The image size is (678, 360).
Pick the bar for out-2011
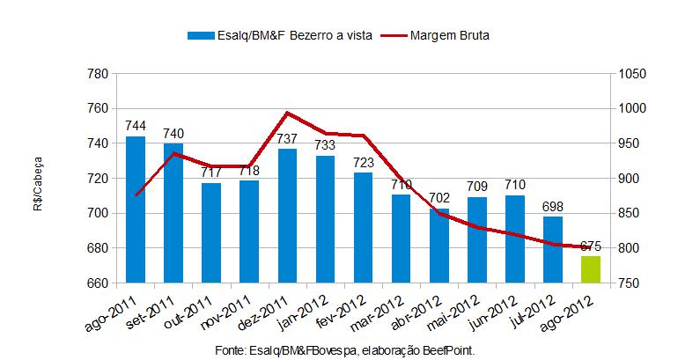tap(211, 233)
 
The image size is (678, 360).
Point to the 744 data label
tap(136, 126)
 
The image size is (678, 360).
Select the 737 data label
tap(288, 139)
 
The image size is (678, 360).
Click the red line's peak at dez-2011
tap(288, 113)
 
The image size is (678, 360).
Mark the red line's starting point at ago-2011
tap(136, 195)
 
